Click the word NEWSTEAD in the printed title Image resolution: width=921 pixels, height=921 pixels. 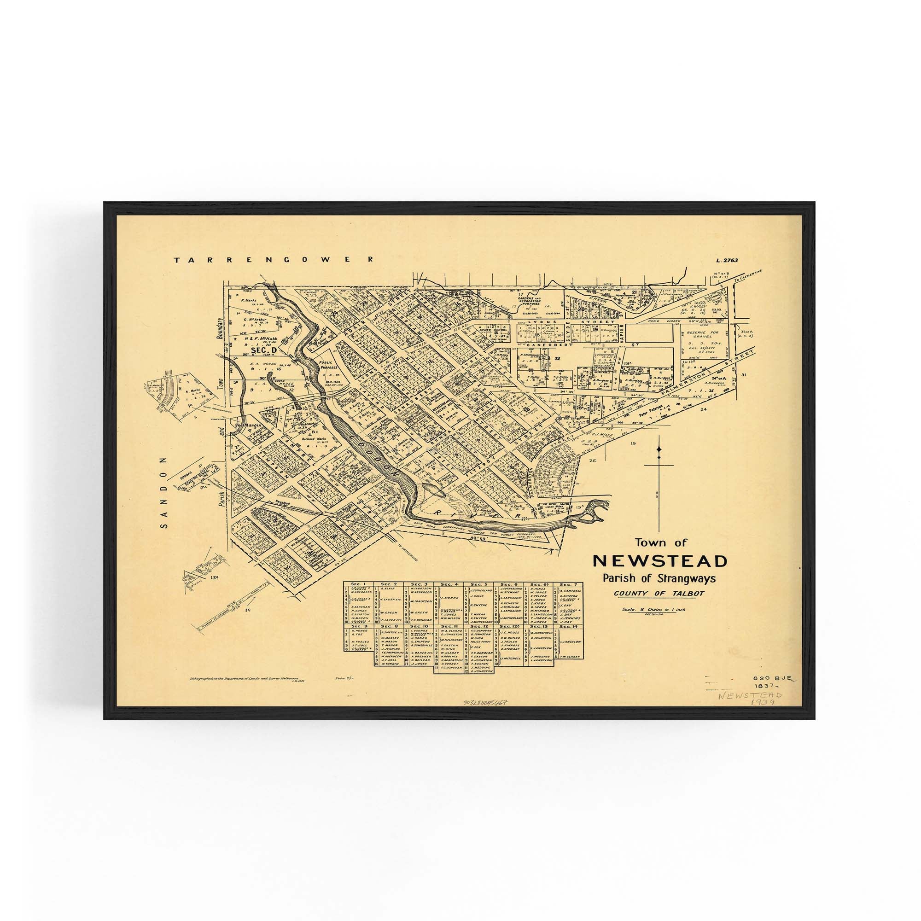[660, 561]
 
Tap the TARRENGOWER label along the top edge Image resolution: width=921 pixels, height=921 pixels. [274, 260]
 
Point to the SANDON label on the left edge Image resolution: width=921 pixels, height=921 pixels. [164, 492]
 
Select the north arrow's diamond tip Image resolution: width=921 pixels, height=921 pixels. [659, 449]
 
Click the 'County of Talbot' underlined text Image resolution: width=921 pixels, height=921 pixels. [659, 594]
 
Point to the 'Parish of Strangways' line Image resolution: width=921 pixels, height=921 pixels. [659, 579]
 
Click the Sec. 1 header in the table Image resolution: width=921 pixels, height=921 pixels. [357, 584]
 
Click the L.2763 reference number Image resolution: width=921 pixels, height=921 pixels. [727, 260]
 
